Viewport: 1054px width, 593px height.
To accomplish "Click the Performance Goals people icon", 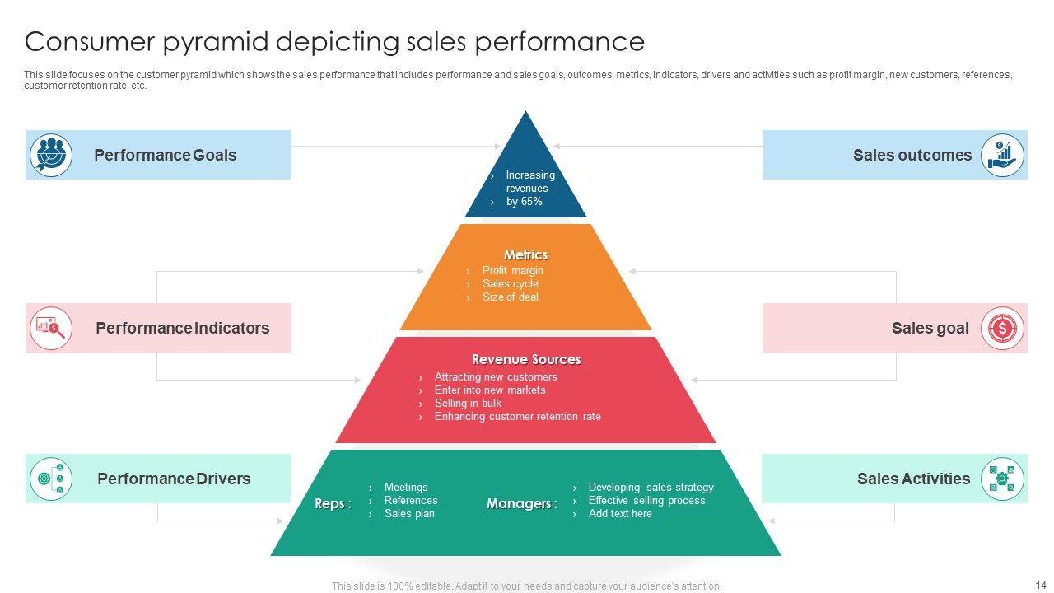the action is click(x=51, y=155).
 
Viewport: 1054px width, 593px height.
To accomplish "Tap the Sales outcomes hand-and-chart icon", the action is click(x=1002, y=155).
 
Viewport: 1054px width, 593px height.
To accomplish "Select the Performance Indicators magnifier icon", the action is click(x=51, y=328).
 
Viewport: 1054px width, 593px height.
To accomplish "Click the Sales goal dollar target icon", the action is click(x=1002, y=328).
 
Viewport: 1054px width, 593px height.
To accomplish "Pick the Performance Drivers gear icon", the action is click(x=51, y=479).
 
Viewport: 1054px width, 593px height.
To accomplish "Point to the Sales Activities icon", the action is click(x=1002, y=479).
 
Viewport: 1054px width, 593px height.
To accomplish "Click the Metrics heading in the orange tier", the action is click(x=526, y=254).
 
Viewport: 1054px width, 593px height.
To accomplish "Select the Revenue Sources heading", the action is click(x=526, y=359).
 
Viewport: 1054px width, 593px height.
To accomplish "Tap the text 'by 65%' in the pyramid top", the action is click(x=525, y=202).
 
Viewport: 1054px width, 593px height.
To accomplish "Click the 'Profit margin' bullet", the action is click(x=512, y=271).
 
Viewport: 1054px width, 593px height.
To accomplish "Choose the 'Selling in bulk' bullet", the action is click(x=468, y=404).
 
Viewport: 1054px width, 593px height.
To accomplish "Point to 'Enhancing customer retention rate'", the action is click(x=518, y=417).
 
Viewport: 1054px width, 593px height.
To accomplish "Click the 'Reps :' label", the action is click(x=333, y=503).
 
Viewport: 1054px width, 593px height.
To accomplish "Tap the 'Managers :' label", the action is click(x=522, y=503).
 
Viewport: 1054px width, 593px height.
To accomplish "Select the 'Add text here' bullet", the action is click(x=620, y=513).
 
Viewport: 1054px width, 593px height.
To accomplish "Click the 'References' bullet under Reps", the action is click(x=411, y=500).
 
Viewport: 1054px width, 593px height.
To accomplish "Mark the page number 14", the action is click(x=1041, y=585).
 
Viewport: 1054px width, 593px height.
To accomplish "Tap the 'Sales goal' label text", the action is click(x=930, y=328).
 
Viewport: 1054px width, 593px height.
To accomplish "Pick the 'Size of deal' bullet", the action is click(x=510, y=297).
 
